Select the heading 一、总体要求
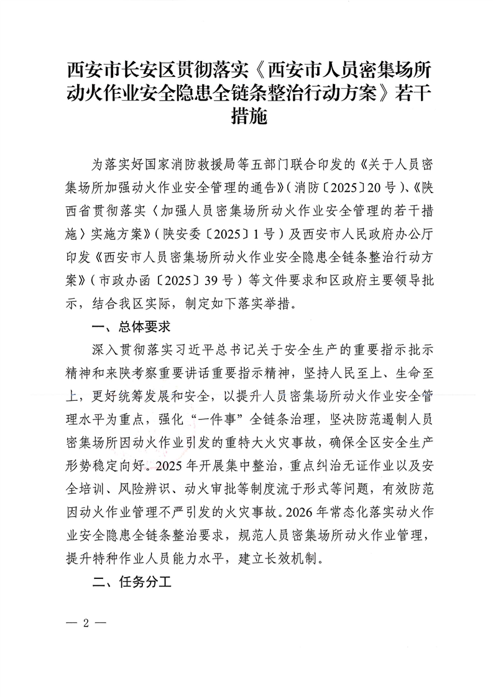pyautogui.click(x=131, y=325)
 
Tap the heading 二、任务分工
pyautogui.click(x=131, y=583)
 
